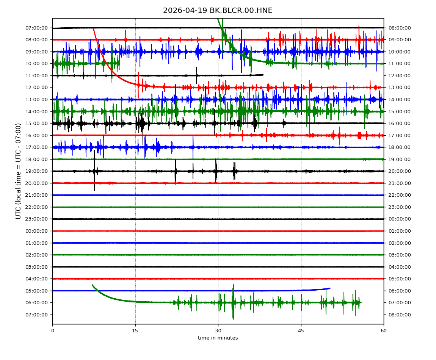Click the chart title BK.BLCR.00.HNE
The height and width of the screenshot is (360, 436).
218,11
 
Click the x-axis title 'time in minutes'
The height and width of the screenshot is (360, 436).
218,338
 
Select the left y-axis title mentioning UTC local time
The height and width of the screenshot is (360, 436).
19,171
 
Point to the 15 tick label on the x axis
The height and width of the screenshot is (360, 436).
135,331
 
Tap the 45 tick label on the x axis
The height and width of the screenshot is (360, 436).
301,331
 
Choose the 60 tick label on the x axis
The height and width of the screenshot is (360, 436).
384,331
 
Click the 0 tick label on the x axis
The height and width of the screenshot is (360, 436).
52,331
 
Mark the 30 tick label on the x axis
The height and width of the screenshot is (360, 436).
218,331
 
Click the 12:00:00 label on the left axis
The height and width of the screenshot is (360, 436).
37,88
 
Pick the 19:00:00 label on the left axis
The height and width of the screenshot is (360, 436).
37,171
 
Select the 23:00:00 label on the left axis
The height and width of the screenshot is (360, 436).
37,219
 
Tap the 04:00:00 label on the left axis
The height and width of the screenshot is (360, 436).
37,279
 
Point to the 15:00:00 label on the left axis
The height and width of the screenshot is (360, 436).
37,124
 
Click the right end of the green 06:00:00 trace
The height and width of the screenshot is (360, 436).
361,302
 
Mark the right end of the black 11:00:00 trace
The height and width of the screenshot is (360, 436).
263,75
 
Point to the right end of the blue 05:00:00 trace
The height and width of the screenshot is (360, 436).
330,288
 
